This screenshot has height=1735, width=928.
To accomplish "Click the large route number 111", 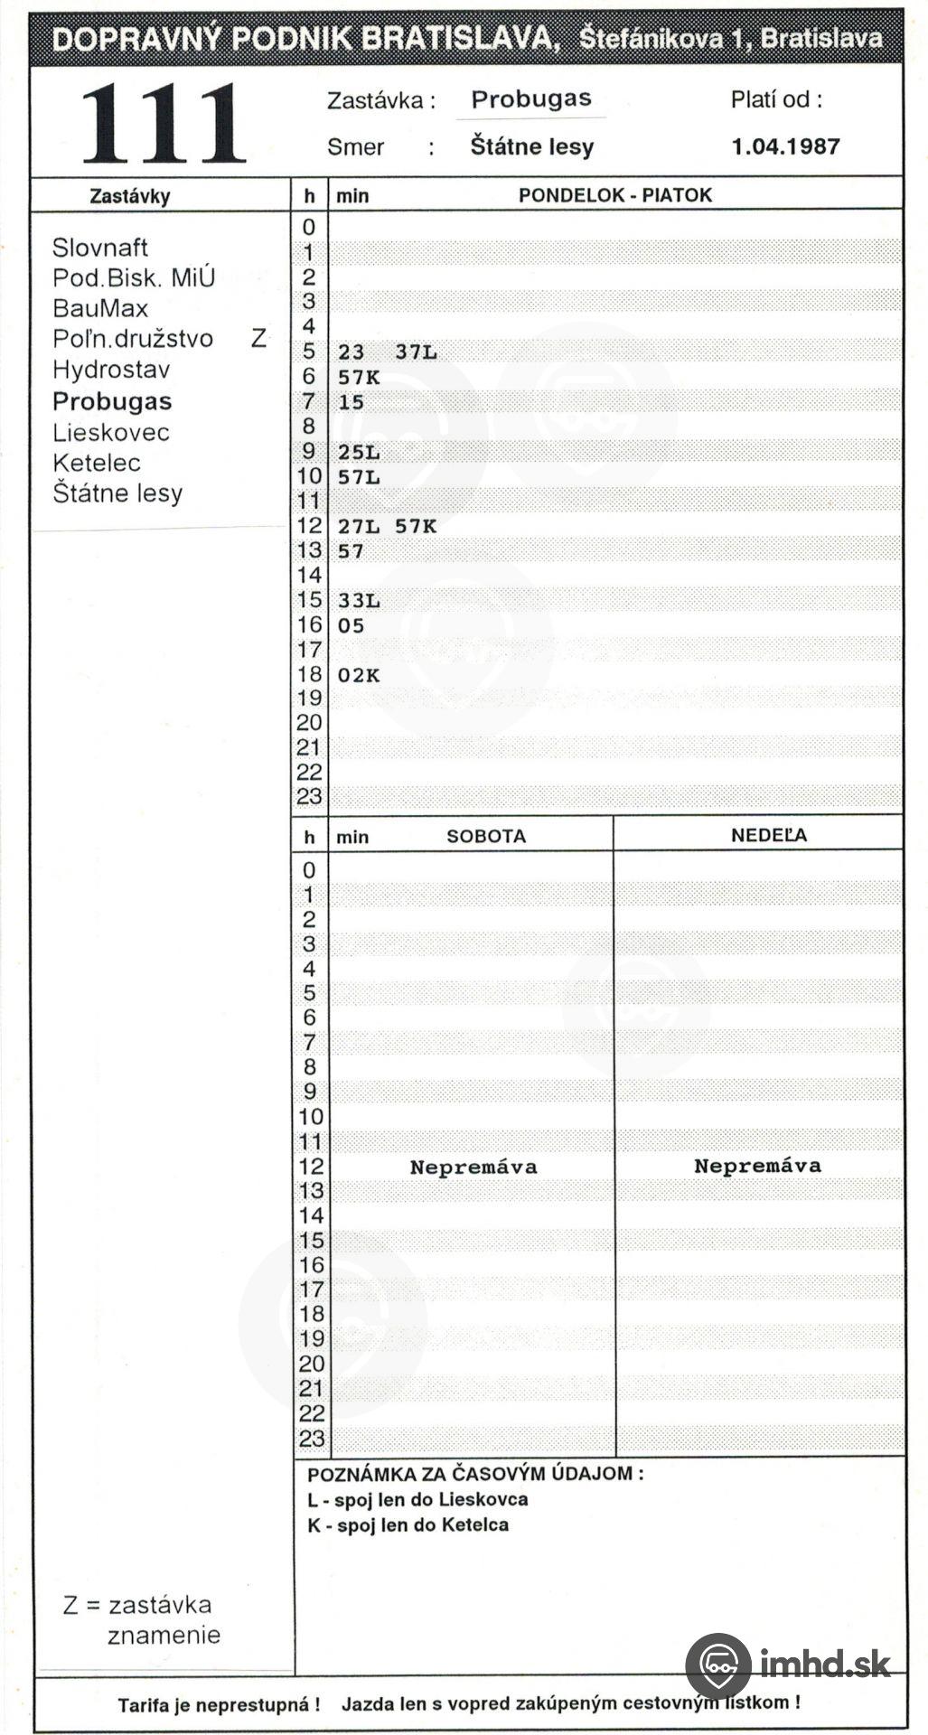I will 164,124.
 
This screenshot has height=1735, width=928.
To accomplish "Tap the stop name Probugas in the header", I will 530,99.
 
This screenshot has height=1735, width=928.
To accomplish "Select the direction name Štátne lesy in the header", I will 531,146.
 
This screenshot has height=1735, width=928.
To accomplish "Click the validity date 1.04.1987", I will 785,146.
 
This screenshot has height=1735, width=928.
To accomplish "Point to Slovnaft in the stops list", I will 99,248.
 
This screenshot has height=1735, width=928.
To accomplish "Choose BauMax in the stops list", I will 99,308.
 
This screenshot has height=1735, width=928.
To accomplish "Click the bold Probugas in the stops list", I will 111,401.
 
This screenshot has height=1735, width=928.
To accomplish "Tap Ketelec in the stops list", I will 96,463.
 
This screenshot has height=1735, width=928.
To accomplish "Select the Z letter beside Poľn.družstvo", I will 259,339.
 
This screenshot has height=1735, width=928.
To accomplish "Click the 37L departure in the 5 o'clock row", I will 416,352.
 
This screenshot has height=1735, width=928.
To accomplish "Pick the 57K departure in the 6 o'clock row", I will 359,378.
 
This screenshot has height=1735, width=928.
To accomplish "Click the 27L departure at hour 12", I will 359,527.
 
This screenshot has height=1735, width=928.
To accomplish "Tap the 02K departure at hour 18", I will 359,676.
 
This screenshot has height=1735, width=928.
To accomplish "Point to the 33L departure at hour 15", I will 359,601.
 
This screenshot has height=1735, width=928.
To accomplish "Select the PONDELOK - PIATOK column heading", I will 614,195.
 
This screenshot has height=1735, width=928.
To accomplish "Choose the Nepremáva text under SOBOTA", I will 473,1167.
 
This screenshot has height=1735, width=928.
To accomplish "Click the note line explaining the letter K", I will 408,1524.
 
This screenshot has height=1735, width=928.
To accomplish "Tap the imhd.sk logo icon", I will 718,1665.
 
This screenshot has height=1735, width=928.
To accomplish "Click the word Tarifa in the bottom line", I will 149,1705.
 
